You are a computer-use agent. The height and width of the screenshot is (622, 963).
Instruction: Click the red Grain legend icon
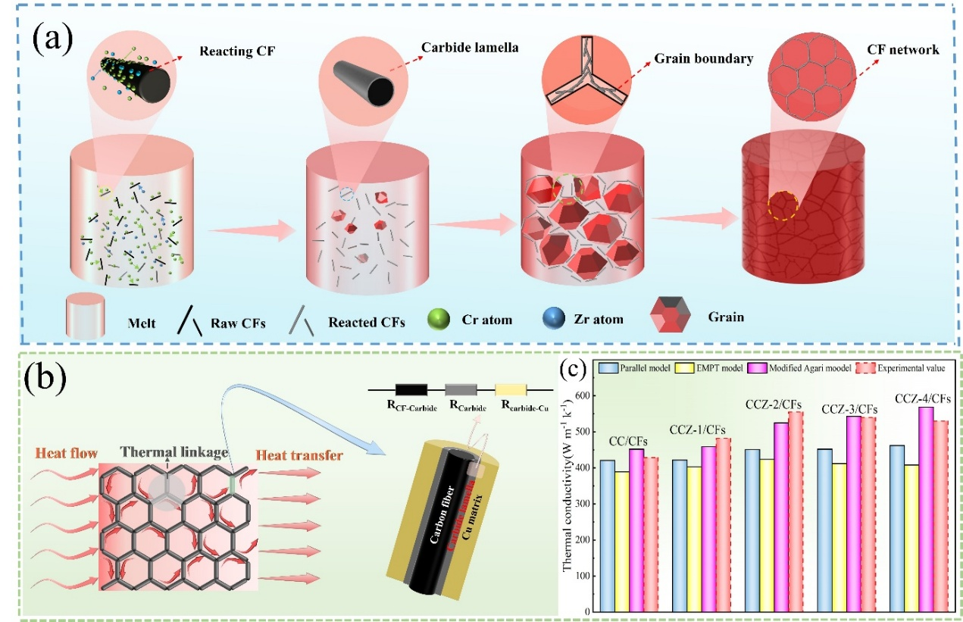(x=670, y=318)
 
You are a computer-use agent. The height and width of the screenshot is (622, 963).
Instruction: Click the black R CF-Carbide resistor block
(x=411, y=389)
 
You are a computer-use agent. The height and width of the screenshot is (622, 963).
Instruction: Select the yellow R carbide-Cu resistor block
(x=511, y=389)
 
